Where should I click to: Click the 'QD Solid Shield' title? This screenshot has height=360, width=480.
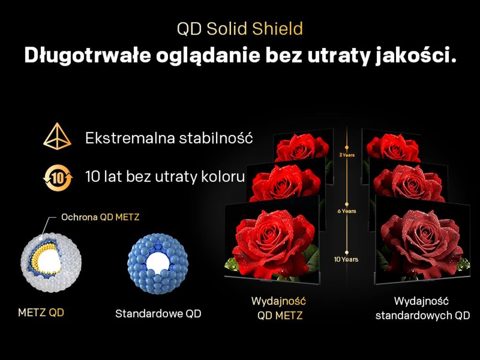[x=240, y=29]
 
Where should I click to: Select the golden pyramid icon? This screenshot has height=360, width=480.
[x=57, y=138]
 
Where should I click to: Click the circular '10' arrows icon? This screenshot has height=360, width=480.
[x=57, y=177]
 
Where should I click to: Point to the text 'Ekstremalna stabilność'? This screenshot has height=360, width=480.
[x=169, y=138]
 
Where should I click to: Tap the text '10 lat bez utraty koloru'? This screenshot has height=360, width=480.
[x=165, y=177]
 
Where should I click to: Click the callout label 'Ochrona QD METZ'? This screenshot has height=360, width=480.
[x=100, y=217]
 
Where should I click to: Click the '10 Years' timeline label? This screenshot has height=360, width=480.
[x=346, y=259]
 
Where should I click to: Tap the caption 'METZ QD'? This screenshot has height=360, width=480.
[x=41, y=313]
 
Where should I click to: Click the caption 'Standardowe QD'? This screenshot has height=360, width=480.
[x=158, y=314]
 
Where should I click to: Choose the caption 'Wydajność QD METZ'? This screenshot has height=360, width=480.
[x=279, y=308]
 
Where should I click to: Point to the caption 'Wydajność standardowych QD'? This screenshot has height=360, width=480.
[x=422, y=308]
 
